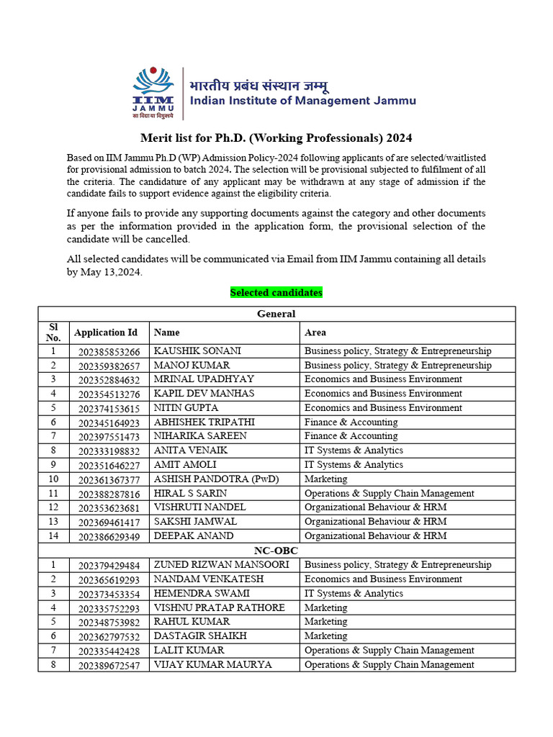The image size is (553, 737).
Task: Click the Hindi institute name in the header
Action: [x=259, y=86]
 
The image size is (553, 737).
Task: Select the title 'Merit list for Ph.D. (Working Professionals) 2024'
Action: [x=276, y=138]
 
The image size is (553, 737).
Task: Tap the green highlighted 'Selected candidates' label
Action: [x=276, y=292]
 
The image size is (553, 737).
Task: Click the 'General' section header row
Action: [x=276, y=314]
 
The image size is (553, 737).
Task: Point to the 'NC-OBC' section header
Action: [x=276, y=551]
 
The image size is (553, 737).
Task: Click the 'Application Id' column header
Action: [x=105, y=333]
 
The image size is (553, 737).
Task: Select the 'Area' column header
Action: [x=315, y=333]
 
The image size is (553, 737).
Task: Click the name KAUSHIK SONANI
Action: [x=197, y=351]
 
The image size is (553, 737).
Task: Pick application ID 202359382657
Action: [x=109, y=366]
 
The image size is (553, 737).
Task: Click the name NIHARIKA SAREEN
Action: [x=200, y=436]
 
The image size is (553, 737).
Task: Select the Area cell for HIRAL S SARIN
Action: [x=389, y=494]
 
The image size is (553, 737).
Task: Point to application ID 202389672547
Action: [x=109, y=665]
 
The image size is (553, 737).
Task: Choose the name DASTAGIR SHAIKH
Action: [x=200, y=636]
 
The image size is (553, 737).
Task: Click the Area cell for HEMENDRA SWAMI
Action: [x=354, y=594]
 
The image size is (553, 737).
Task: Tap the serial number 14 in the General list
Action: [x=53, y=536]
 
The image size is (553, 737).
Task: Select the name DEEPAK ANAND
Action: [x=194, y=536]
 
